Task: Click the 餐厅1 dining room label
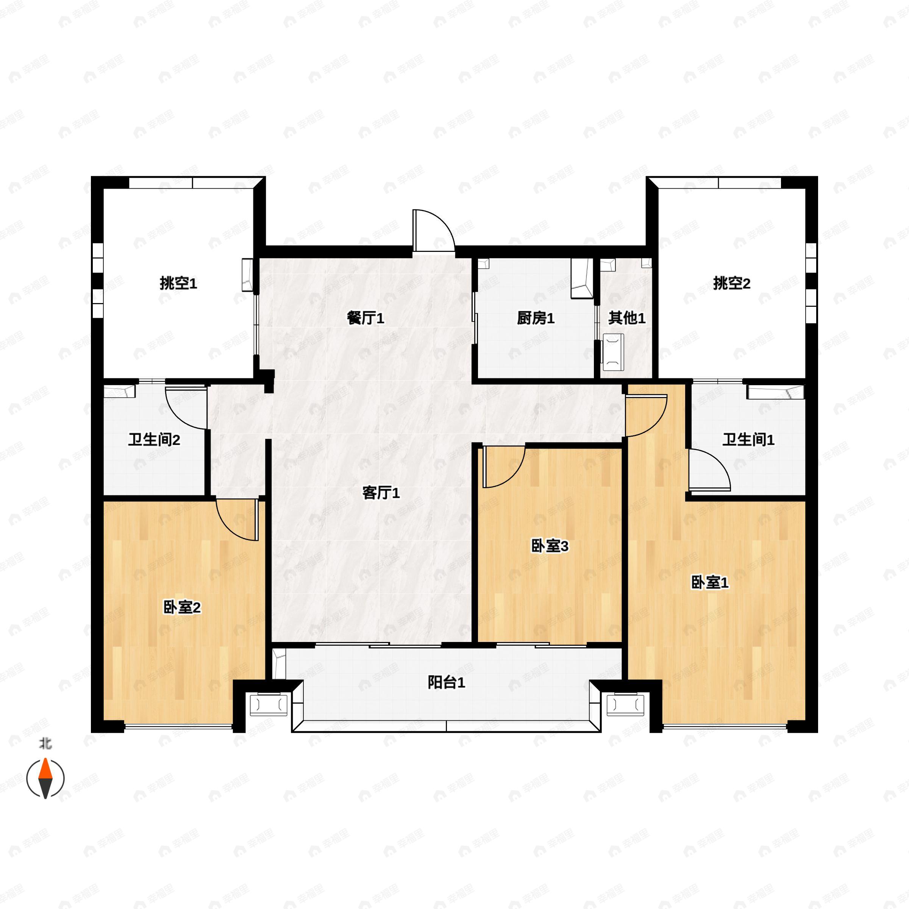365,319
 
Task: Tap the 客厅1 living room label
381,493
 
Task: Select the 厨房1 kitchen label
536,319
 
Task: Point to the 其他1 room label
627,318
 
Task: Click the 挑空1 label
178,283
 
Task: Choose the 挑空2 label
732,283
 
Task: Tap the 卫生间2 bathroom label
154,440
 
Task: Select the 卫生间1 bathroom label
748,440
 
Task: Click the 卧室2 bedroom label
182,608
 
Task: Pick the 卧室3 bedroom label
550,546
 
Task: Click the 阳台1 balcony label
447,682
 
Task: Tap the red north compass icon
45,779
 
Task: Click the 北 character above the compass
45,744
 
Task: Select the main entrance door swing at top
432,231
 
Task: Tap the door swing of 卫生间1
708,471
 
